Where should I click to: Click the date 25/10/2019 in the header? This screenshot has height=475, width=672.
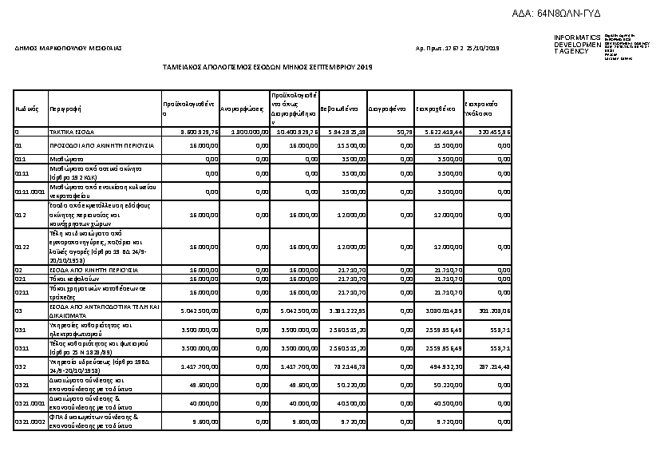[x=482, y=49]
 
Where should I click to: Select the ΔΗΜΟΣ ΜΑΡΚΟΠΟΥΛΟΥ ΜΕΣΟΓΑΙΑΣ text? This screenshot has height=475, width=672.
[x=68, y=49]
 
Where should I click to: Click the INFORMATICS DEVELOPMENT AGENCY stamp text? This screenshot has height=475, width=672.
[x=577, y=45]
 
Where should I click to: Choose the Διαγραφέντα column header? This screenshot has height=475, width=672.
[x=388, y=109]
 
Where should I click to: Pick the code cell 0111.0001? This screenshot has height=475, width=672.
[x=30, y=192]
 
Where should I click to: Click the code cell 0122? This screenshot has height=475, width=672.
[x=22, y=247]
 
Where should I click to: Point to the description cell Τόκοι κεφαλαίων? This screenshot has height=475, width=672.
[x=72, y=279]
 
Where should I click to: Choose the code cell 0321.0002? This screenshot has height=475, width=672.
[x=30, y=422]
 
